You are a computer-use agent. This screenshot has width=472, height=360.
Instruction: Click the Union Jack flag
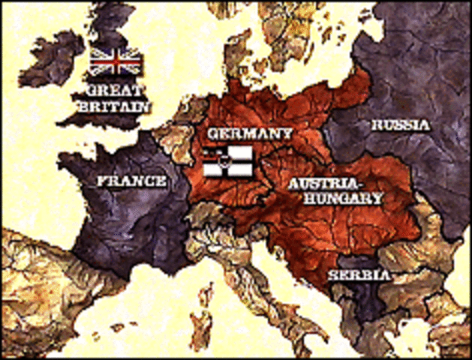pos(115,61)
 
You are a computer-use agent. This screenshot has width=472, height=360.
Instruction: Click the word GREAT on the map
pos(113,90)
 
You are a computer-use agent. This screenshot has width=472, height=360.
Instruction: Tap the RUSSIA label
pos(400,125)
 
